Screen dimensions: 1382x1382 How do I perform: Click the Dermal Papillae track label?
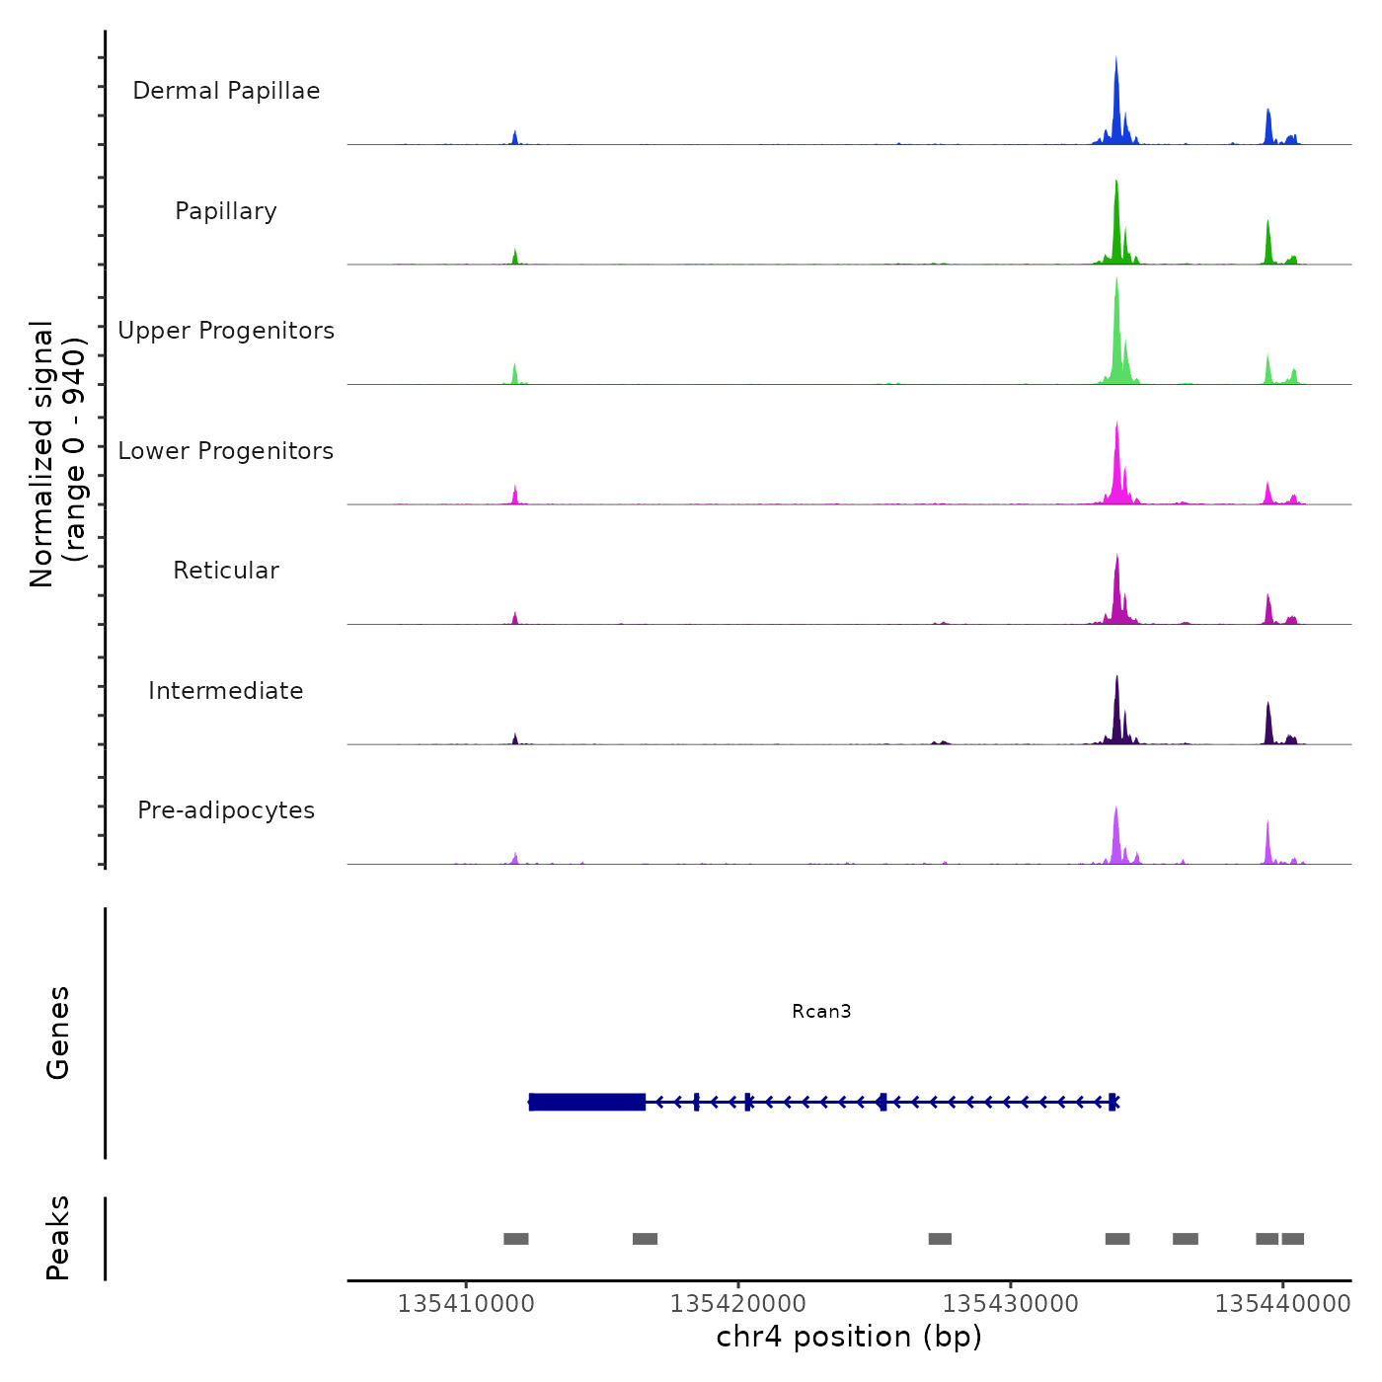(226, 91)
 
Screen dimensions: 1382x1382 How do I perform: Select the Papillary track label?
(226, 211)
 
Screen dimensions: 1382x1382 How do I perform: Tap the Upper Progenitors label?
(226, 331)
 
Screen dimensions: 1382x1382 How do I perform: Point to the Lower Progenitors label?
(226, 451)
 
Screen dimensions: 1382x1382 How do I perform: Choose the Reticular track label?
(226, 571)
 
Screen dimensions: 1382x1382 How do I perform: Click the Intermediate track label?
(226, 691)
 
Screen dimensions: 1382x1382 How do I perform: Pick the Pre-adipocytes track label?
(226, 810)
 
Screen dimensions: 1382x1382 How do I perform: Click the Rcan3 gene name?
(821, 1011)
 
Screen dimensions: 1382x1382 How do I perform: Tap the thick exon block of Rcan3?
(587, 1102)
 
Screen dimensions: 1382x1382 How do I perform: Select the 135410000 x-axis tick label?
(466, 1304)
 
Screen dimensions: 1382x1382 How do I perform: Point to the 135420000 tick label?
(738, 1304)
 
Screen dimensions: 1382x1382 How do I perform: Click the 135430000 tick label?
(1011, 1304)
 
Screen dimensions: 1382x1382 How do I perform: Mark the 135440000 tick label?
(1282, 1304)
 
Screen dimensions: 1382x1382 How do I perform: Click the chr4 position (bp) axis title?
(849, 1337)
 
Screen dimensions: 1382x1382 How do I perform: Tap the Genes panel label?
(58, 1033)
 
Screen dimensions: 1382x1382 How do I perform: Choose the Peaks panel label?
(58, 1238)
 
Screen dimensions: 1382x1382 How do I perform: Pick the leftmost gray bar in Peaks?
(516, 1239)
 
